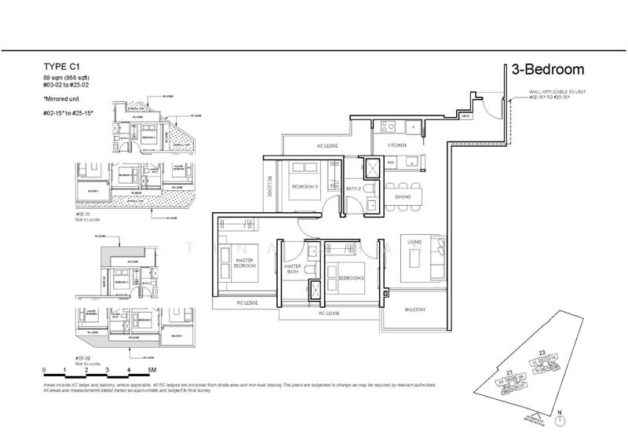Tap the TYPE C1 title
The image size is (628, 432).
point(64,68)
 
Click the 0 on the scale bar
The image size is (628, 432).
point(45,368)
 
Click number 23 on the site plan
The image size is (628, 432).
point(541,351)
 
